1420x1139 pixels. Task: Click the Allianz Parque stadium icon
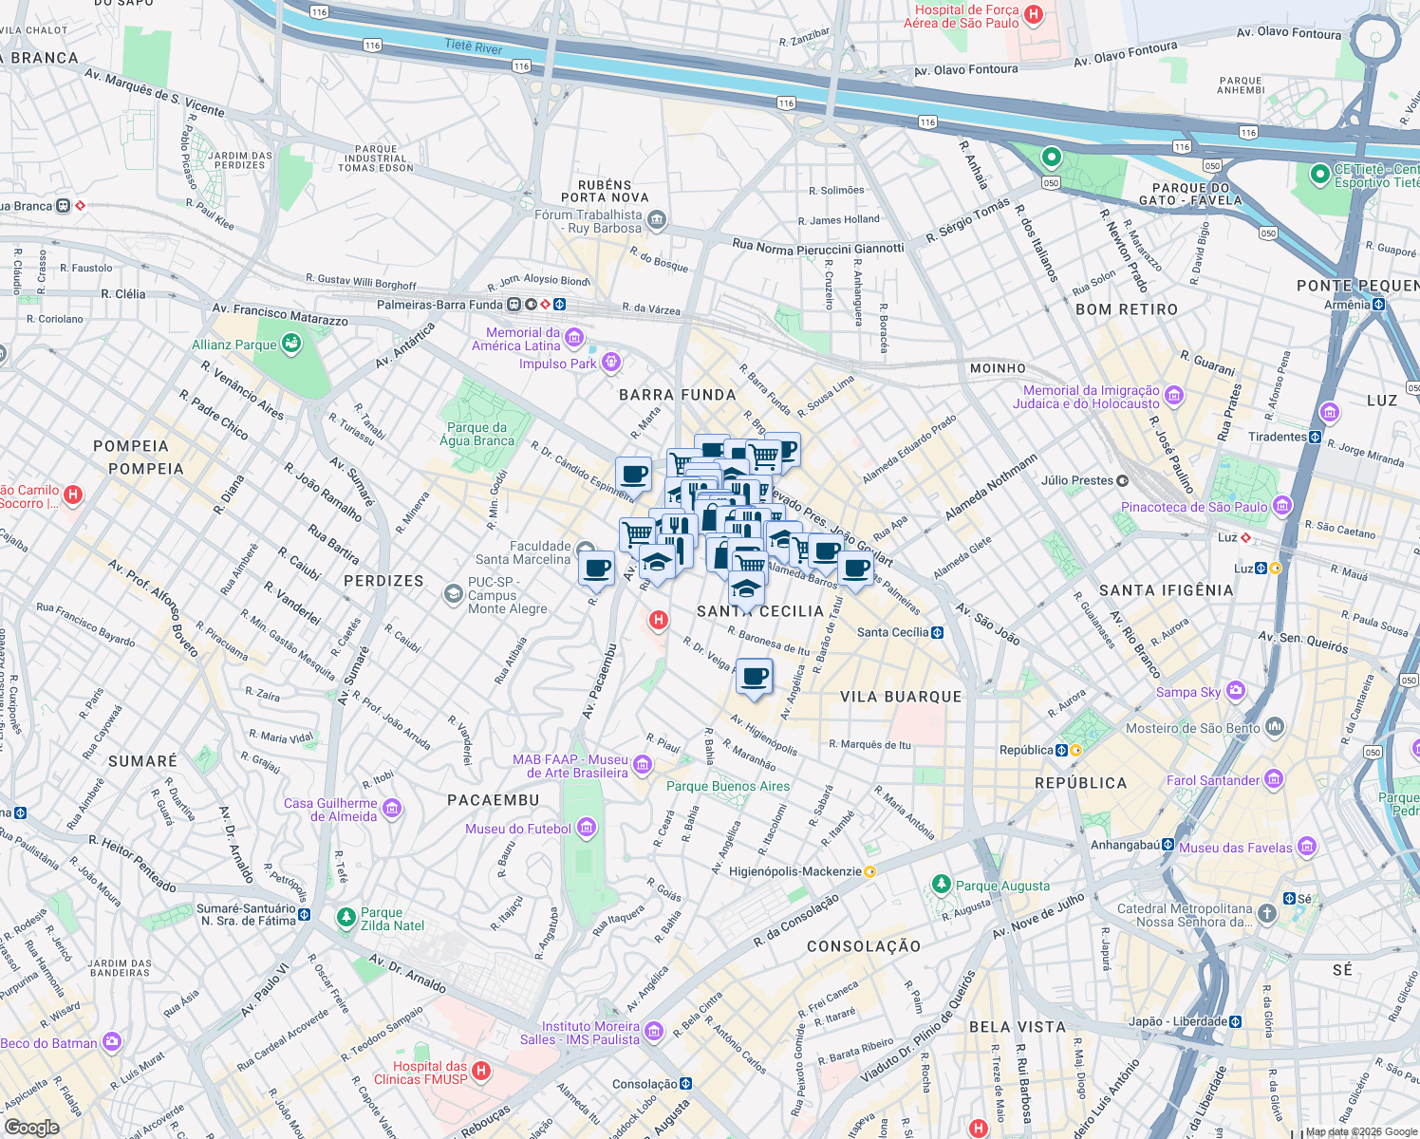291,344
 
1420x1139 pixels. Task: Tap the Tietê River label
474,47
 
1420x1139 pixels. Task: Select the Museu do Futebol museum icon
587,829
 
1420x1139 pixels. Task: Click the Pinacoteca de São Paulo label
1193,507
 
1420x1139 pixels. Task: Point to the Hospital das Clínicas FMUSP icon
481,1071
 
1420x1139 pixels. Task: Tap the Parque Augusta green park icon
941,885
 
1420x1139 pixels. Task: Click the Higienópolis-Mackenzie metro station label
794,871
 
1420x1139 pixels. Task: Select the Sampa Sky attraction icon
1236,691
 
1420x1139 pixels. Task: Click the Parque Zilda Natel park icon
346,918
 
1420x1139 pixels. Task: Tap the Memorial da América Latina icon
573,338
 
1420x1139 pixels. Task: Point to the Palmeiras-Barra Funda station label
439,305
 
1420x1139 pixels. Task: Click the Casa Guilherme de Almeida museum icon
392,809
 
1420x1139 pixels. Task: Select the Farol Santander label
1212,780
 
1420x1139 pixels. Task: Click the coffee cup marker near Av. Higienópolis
755,678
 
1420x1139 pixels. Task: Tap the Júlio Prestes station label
1076,480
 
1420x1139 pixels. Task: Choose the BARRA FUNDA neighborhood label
677,395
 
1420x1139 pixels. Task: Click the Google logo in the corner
31,1127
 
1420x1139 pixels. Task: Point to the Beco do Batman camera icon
112,1041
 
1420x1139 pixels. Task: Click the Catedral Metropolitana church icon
1267,913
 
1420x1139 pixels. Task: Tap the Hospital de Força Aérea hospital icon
1035,15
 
